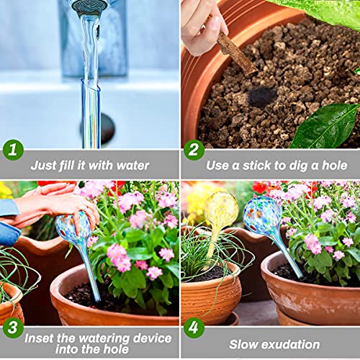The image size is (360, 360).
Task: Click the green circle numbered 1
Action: (x=12, y=150)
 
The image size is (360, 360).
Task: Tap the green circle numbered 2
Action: (x=193, y=150)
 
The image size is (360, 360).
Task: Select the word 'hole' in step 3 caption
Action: (x=124, y=350)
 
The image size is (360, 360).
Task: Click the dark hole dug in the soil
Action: (x=262, y=96)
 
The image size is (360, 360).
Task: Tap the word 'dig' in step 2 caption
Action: (x=304, y=165)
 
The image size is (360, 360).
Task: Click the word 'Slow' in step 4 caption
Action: (x=244, y=344)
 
